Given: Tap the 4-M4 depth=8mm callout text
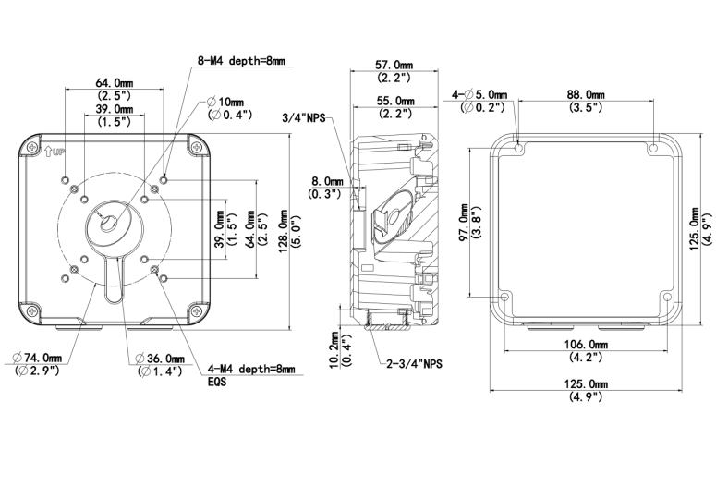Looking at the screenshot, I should tap(250, 369).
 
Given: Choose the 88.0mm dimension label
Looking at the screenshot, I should tap(585, 94).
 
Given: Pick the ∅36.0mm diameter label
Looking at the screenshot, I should tap(160, 358).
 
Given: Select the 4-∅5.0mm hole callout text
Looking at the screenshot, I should tap(479, 94).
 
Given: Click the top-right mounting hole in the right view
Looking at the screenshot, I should tap(654, 148).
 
